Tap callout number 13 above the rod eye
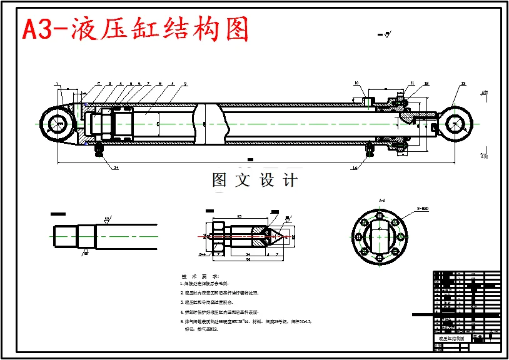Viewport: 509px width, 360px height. (463, 84)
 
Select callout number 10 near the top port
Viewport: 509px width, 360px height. (356, 83)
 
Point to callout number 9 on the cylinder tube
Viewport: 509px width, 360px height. (185, 83)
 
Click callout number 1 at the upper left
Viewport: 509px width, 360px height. (56, 83)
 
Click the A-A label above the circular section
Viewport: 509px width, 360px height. (381, 201)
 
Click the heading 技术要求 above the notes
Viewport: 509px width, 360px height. (199, 276)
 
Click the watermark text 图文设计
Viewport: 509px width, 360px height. (254, 181)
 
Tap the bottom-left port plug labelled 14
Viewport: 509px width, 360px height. (98, 151)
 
